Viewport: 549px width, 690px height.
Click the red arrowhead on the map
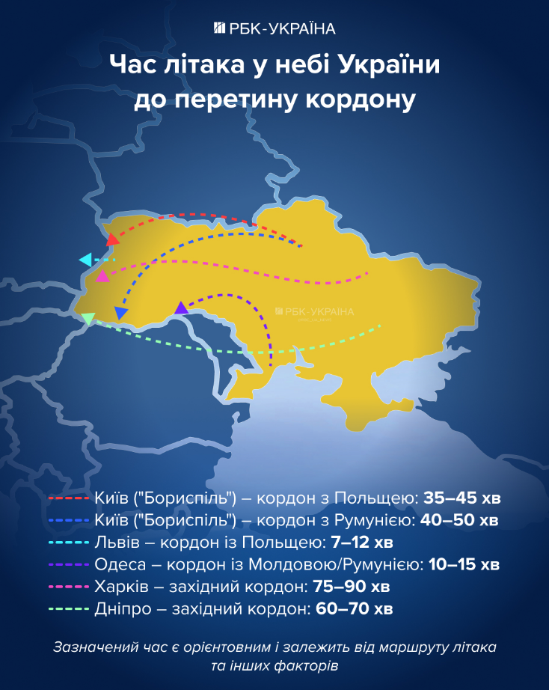113,239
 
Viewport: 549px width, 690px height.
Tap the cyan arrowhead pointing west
85,260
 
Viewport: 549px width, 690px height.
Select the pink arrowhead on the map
103,276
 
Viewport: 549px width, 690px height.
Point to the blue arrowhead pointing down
121,313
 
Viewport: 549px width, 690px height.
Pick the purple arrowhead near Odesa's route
181,307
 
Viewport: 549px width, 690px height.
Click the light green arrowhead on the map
88,320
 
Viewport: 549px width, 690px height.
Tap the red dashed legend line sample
69,498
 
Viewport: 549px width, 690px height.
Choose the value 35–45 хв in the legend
461,498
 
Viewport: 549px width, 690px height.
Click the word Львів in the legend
115,542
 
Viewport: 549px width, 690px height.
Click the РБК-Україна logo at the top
274,28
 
